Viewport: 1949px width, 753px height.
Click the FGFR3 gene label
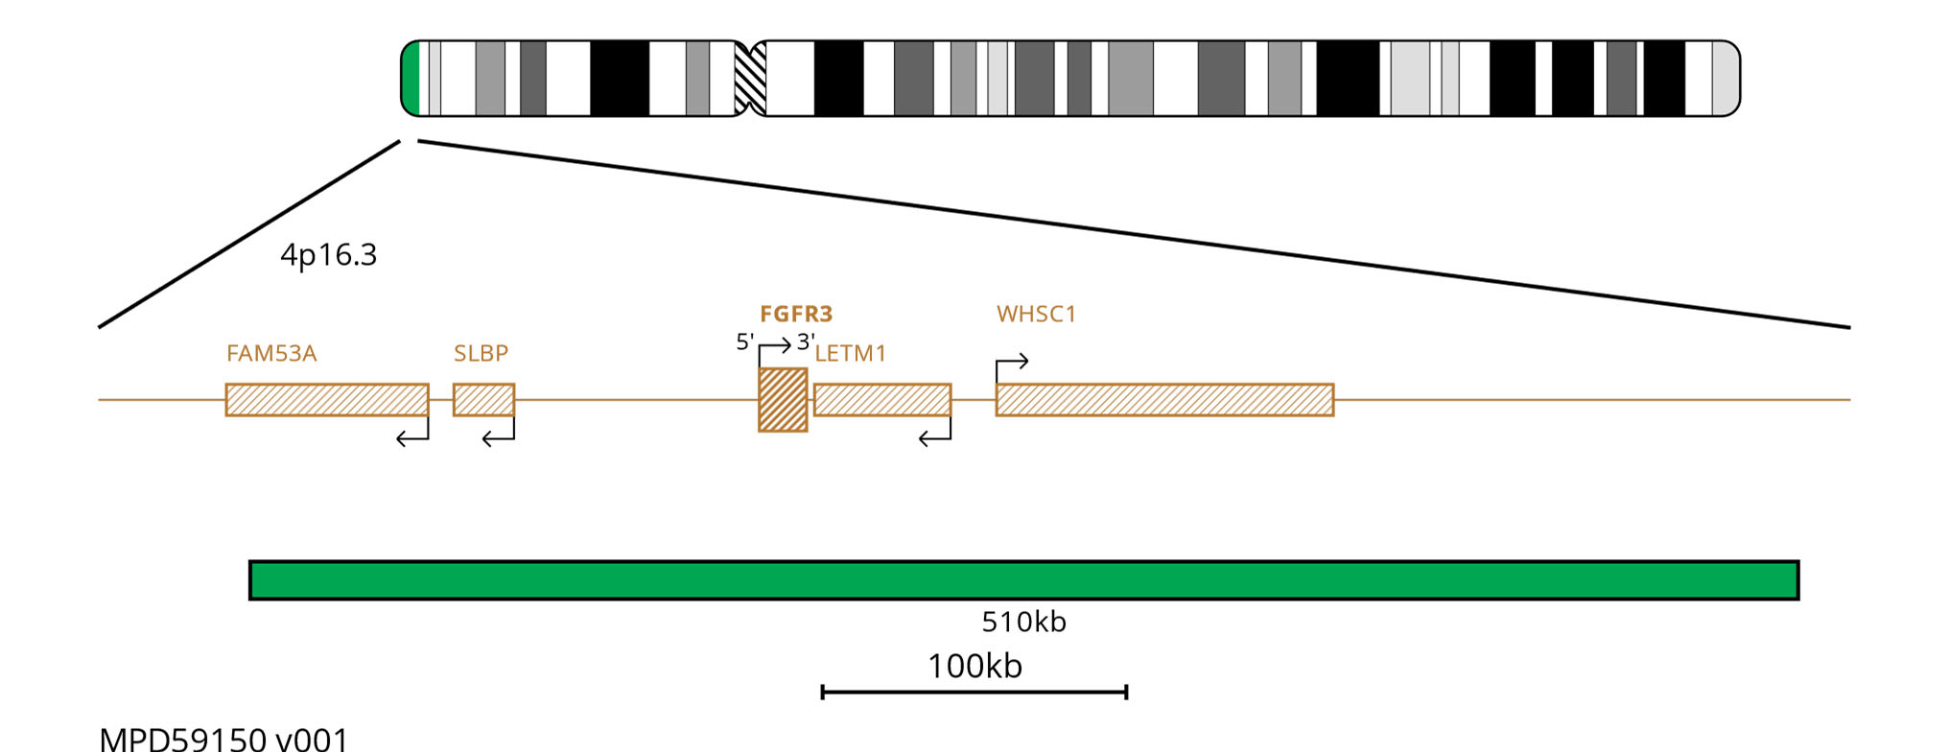(x=796, y=314)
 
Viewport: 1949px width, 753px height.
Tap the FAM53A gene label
(x=271, y=353)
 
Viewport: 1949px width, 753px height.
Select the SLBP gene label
(x=481, y=353)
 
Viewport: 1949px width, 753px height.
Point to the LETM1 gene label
(x=851, y=353)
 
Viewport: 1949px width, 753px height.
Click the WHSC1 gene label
(x=1036, y=314)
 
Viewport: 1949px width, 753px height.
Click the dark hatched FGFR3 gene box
(x=783, y=400)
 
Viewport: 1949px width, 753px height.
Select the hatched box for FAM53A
(x=327, y=400)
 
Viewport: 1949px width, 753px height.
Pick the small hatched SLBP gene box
(x=483, y=400)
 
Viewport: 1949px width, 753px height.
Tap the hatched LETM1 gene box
(x=882, y=400)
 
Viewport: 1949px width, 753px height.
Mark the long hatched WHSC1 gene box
(x=1164, y=400)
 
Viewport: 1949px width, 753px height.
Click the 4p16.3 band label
(x=328, y=255)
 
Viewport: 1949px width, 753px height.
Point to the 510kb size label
(x=1023, y=622)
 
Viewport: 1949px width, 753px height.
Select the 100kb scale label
(x=974, y=666)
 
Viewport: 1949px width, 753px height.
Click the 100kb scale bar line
(x=974, y=692)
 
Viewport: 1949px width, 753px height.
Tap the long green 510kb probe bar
(x=1023, y=580)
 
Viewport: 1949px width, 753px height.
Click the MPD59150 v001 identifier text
(x=223, y=741)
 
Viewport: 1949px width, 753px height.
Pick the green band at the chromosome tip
(x=411, y=79)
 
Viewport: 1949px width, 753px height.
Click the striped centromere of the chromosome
(x=750, y=79)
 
